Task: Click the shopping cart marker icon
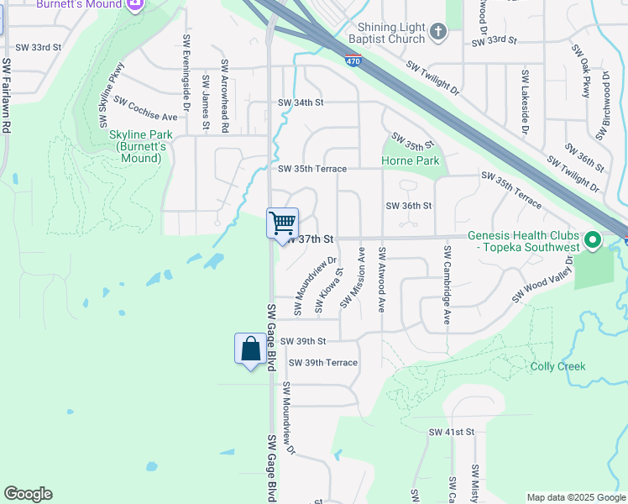coord(283,223)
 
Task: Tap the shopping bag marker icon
coord(250,349)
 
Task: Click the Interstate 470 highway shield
coord(353,60)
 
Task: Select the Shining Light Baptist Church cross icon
coord(437,32)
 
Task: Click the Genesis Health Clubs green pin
coord(593,241)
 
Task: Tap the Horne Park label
coord(410,160)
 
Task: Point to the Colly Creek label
coord(557,366)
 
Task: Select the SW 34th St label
coord(301,102)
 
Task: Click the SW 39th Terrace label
coord(323,363)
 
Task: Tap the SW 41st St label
coord(452,432)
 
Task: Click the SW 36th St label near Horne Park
coord(408,206)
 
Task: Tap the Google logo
coord(28,494)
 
